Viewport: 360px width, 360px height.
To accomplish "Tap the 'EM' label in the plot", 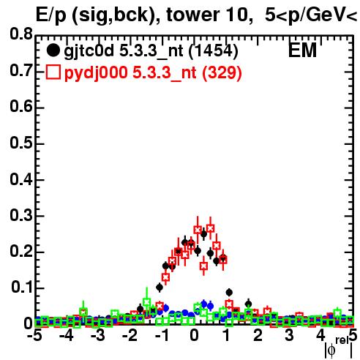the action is coord(302,50).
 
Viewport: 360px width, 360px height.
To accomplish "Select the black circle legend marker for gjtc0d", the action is coord(53,50).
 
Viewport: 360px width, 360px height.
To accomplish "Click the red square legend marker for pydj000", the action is coord(53,72).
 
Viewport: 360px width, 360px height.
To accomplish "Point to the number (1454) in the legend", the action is coord(214,51).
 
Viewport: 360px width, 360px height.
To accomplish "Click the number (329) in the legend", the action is coord(222,72).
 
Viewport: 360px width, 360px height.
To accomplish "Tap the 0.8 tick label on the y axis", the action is coord(21,34).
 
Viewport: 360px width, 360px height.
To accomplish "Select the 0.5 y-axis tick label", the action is coord(21,143).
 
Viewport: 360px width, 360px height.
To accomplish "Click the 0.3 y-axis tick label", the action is coord(21,215).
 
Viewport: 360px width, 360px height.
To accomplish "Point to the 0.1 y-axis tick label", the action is coord(22,288).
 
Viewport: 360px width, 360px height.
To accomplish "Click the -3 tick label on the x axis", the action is coord(97,335).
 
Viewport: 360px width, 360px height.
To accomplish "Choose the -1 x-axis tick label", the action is coord(162,335).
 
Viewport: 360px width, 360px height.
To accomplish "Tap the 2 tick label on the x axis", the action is coord(258,335).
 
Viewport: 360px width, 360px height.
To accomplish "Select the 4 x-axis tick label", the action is coord(321,335).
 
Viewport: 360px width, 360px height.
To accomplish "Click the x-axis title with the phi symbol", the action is coord(339,348).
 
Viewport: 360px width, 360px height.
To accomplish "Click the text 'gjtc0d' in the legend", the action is coord(89,52).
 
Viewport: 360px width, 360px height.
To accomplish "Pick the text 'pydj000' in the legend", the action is coord(96,73).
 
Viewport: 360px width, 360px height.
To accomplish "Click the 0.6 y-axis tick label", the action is coord(21,107).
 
